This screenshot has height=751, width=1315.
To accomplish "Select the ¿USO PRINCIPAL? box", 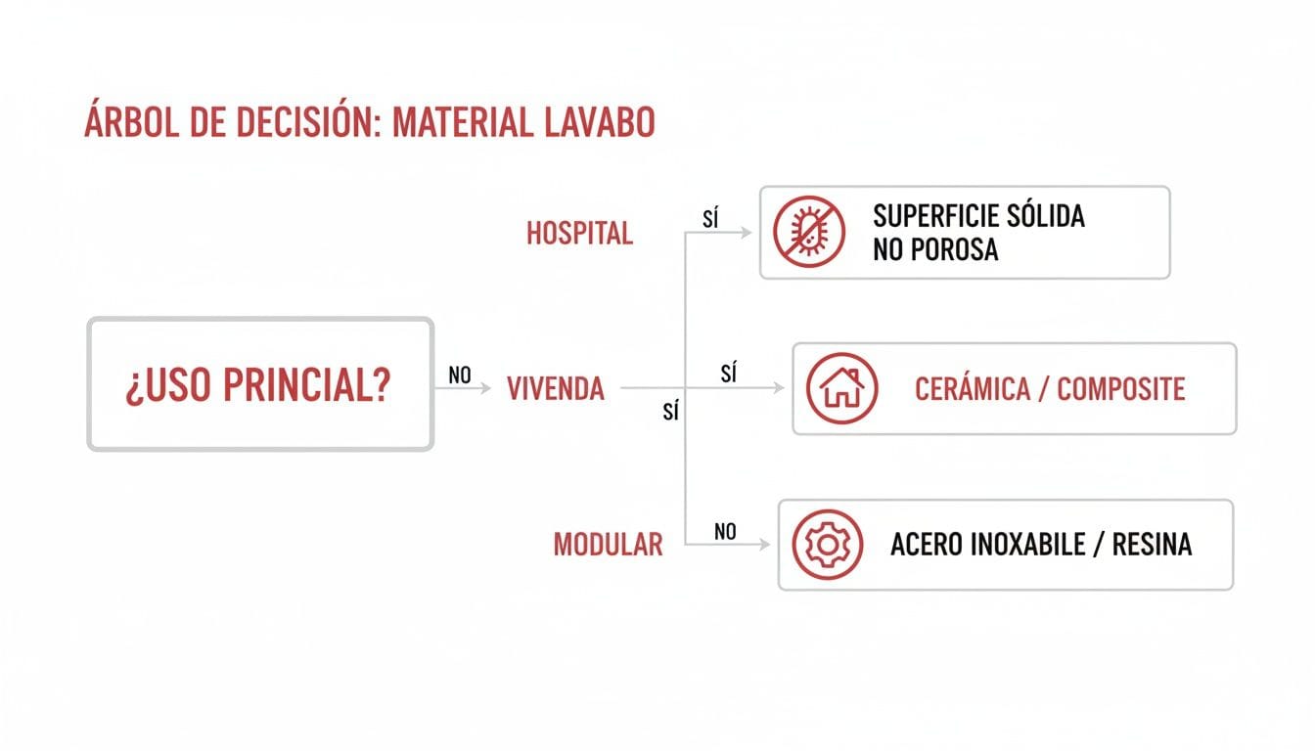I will [260, 384].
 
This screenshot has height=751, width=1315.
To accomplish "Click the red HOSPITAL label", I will [579, 234].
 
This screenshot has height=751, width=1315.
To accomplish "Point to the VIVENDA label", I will [556, 389].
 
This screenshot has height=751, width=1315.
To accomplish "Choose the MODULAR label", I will [608, 545].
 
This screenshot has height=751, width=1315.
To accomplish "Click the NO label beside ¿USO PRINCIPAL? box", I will [460, 375].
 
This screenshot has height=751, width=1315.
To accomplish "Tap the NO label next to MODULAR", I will [725, 531].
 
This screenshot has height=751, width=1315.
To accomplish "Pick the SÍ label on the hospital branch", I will [711, 219].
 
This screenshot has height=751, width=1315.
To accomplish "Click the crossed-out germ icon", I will [808, 233].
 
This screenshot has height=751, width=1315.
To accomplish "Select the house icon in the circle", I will [841, 388].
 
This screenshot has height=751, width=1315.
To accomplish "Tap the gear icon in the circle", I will [827, 545].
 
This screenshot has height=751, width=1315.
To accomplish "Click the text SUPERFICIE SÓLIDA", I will [978, 216].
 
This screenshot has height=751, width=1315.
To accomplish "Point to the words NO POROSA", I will [935, 249].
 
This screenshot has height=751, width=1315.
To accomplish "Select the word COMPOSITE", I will [1121, 389].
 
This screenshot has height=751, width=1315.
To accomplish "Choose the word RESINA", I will [1152, 545].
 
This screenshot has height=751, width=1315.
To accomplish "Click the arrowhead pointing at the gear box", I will [765, 545].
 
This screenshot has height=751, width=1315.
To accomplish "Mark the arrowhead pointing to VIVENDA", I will [485, 388].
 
